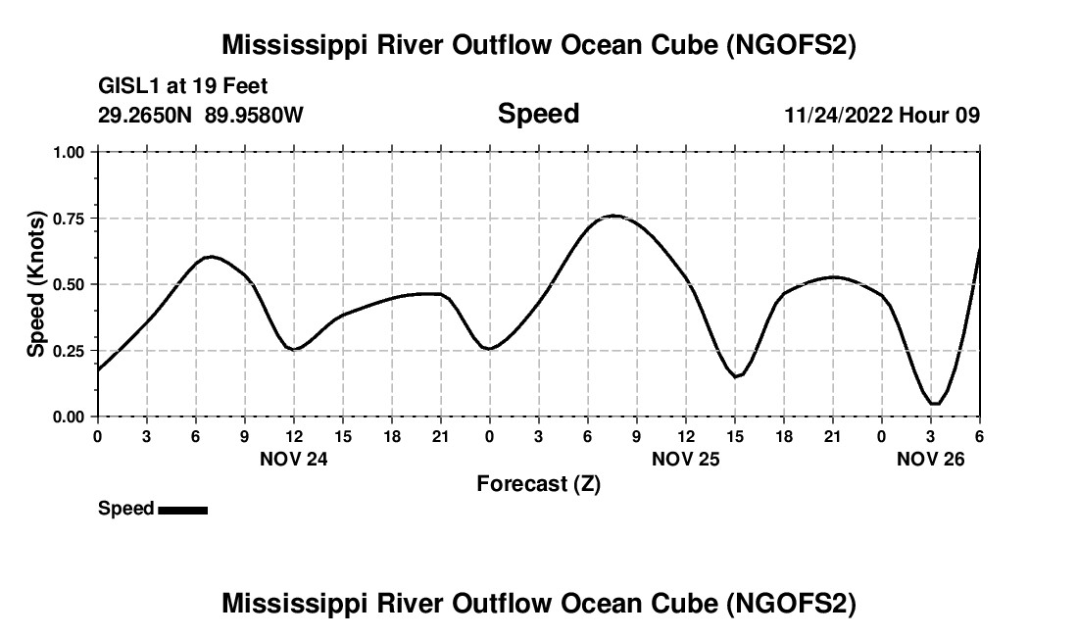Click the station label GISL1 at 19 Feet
[x=182, y=87]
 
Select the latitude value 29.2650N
[x=146, y=115]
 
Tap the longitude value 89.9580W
[x=254, y=115]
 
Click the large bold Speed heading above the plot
[x=538, y=114]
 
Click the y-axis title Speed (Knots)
[x=35, y=284]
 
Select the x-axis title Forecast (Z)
[x=538, y=483]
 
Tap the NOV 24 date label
[x=293, y=458]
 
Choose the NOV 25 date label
[x=685, y=458]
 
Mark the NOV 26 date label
[x=931, y=458]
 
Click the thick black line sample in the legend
[x=182, y=509]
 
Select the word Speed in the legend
[x=125, y=509]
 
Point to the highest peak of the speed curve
[x=613, y=216]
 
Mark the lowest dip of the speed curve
[x=935, y=403]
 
